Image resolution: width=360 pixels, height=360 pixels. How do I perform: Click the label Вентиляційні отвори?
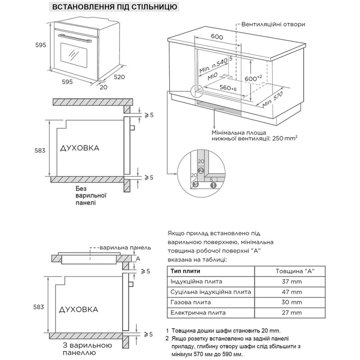[273, 24]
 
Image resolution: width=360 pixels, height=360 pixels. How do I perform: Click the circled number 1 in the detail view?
[214, 184]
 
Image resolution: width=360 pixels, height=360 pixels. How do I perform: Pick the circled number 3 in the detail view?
[195, 184]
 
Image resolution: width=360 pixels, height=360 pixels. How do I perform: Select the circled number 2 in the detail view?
[201, 171]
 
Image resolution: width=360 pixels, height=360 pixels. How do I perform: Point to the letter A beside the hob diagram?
[138, 258]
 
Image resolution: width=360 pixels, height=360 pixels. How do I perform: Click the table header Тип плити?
[186, 271]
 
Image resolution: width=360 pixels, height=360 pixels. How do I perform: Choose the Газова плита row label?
[191, 302]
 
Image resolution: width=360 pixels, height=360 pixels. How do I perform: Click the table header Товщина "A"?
[294, 271]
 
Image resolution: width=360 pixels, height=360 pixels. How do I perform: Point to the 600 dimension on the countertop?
[217, 37]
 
